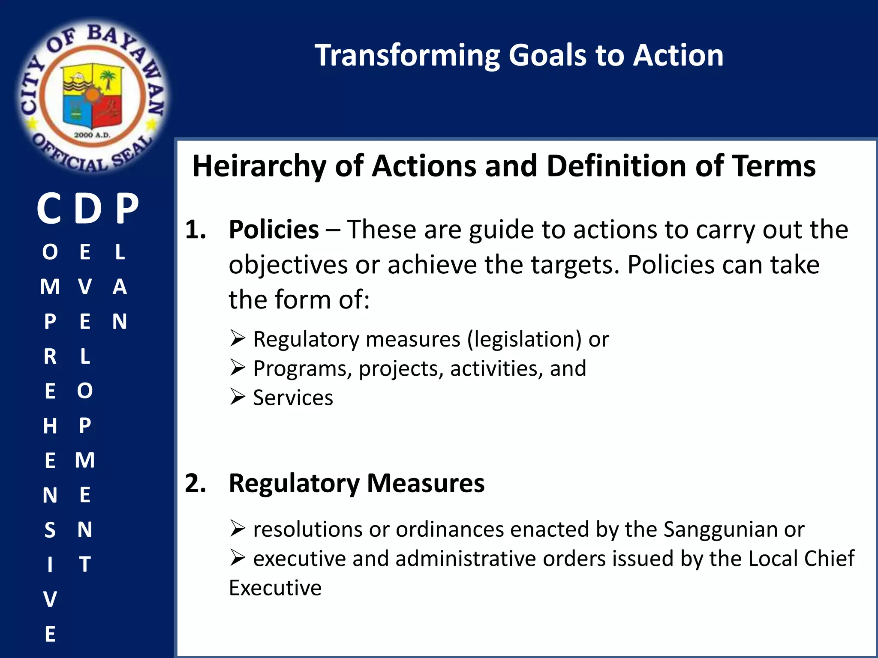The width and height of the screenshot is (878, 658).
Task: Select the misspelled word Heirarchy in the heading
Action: pyautogui.click(x=259, y=166)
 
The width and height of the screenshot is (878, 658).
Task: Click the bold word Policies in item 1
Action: pyautogui.click(x=274, y=230)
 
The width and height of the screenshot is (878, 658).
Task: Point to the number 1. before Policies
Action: pyautogui.click(x=195, y=230)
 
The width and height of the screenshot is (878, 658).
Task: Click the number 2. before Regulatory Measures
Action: pyautogui.click(x=195, y=483)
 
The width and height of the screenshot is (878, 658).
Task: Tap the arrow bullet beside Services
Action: pyautogui.click(x=237, y=397)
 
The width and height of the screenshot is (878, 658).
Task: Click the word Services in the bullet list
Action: pyautogui.click(x=293, y=398)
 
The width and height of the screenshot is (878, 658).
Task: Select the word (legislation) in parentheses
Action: pyautogui.click(x=524, y=339)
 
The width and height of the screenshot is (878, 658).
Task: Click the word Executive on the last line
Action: pyautogui.click(x=275, y=588)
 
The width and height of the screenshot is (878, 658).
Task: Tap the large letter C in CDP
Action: pyautogui.click(x=49, y=209)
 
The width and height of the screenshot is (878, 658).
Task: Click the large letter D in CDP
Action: pyautogui.click(x=88, y=209)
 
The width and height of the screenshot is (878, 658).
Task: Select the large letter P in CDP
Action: pyautogui.click(x=127, y=209)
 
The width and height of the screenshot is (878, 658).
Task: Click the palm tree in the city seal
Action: pyautogui.click(x=108, y=79)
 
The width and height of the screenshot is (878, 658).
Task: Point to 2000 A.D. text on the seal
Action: pyautogui.click(x=92, y=135)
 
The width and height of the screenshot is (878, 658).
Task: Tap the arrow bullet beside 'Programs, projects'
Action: pyautogui.click(x=237, y=367)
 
